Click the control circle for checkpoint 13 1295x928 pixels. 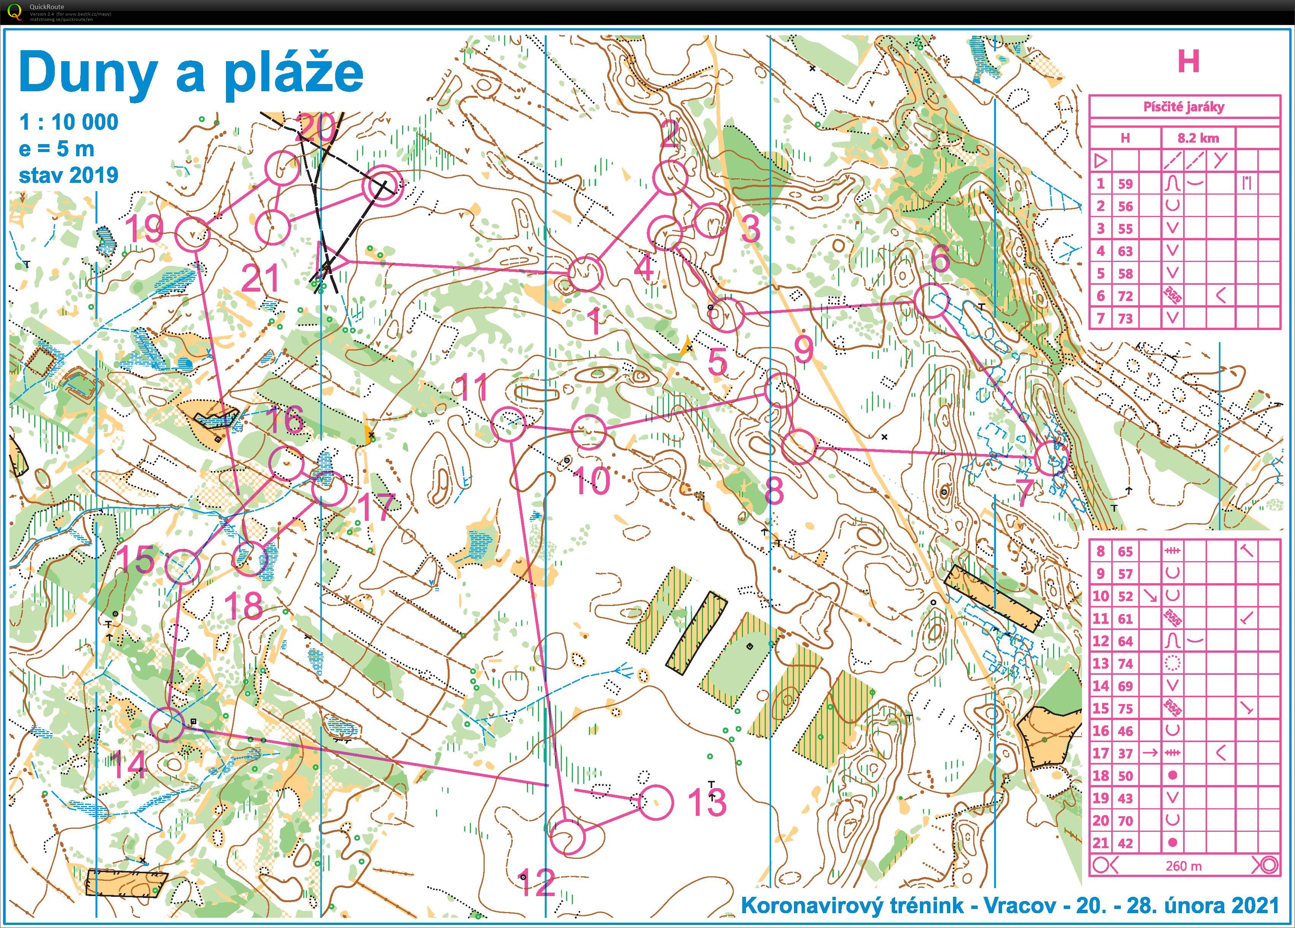coord(656,803)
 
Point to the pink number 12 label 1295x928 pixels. coord(537,882)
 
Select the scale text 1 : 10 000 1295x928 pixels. coord(68,122)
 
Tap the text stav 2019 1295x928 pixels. coord(68,174)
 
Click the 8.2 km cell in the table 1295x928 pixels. coord(1198,138)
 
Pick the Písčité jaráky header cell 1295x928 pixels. coord(1184,107)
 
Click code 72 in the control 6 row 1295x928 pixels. coord(1125,296)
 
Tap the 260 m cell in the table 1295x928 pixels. coord(1184,866)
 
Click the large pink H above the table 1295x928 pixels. coord(1188,62)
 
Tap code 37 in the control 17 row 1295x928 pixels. coord(1125,754)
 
